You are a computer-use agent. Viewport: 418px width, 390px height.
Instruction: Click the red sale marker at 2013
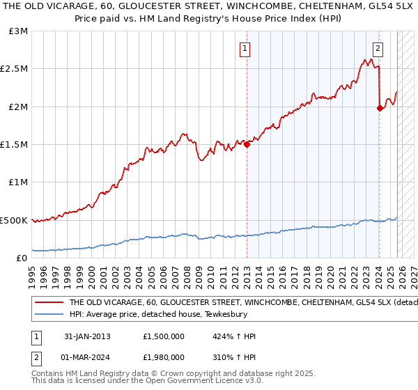[x=247, y=144]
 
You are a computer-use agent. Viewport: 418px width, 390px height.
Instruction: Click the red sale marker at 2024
[x=380, y=108]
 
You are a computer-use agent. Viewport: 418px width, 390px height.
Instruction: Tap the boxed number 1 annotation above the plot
[x=245, y=49]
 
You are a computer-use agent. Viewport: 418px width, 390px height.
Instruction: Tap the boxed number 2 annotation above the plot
[x=378, y=49]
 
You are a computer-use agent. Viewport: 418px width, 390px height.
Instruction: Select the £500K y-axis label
[x=15, y=220]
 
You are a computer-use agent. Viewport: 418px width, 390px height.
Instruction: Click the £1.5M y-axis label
[x=15, y=145]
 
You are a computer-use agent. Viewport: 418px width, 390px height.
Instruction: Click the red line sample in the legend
[x=48, y=303]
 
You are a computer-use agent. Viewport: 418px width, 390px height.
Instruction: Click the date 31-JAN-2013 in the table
[x=88, y=336]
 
